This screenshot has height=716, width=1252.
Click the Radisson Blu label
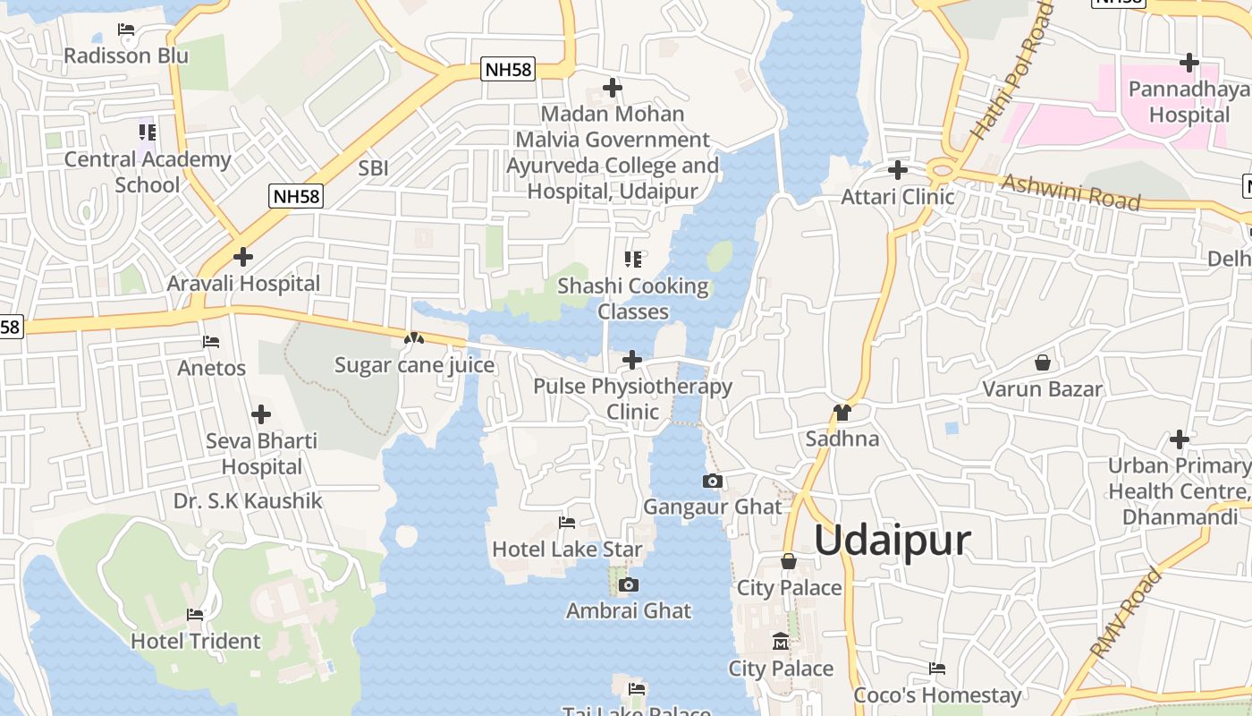[x=126, y=55]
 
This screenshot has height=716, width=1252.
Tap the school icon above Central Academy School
[x=148, y=132]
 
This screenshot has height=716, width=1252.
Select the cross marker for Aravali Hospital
[x=242, y=258]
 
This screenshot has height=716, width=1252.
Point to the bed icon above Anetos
[x=211, y=342]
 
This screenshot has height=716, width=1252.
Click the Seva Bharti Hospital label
[x=261, y=454]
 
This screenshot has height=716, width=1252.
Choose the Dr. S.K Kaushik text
[x=248, y=501]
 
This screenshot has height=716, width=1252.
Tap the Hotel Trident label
[x=196, y=642]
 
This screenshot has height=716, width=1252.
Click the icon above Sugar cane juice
[x=413, y=339]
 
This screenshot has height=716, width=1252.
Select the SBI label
[x=373, y=168]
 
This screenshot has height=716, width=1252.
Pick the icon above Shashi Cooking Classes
[x=633, y=260]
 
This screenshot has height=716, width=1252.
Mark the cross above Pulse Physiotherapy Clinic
[x=632, y=361]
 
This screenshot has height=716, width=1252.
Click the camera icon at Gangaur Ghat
[x=713, y=482]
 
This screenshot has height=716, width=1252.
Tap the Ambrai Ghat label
[x=629, y=611]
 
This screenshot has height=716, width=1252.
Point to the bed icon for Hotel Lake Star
[x=567, y=523]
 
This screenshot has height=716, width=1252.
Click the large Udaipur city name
[x=892, y=541]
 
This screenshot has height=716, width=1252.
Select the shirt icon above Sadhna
[x=842, y=413]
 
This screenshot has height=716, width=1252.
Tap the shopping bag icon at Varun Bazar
[x=1042, y=362]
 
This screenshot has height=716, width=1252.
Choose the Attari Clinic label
[x=898, y=197]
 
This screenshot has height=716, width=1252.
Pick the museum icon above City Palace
[x=781, y=642]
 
